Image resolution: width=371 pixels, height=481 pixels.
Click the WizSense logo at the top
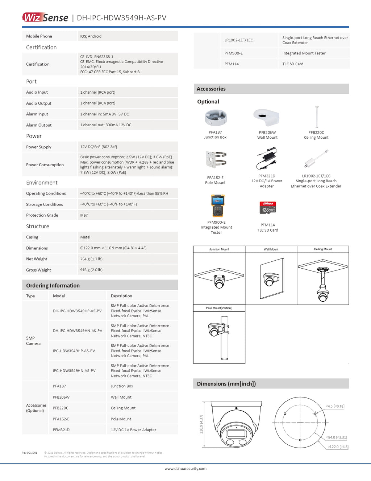click(45, 17)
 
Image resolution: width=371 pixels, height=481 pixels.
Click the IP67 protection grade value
click(84, 215)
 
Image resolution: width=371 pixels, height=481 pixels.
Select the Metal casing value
click(85, 237)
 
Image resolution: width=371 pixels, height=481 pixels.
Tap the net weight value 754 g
click(91, 259)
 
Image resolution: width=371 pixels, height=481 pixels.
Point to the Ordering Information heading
click(53, 285)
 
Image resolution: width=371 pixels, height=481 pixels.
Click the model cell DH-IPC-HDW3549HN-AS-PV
click(78, 331)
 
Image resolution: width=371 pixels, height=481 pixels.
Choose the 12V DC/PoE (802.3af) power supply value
click(99, 147)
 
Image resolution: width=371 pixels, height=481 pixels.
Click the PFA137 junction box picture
click(216, 118)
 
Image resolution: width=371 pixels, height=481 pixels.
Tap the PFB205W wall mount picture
click(267, 118)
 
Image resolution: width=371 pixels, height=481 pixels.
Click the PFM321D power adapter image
click(267, 159)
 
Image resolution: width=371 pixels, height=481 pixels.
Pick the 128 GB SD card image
click(268, 208)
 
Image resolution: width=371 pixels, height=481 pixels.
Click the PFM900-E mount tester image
click(217, 206)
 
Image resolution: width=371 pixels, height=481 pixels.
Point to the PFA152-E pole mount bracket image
click(216, 160)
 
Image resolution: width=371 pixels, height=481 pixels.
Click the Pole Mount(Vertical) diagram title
click(219, 308)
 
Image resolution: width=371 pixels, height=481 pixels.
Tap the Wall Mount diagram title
click(271, 249)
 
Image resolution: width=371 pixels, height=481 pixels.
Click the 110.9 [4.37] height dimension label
click(201, 424)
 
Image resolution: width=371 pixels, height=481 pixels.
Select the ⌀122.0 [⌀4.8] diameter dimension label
click(338, 447)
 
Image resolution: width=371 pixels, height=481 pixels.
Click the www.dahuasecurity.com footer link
click(185, 469)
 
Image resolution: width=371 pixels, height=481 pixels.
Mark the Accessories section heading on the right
click(211, 89)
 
